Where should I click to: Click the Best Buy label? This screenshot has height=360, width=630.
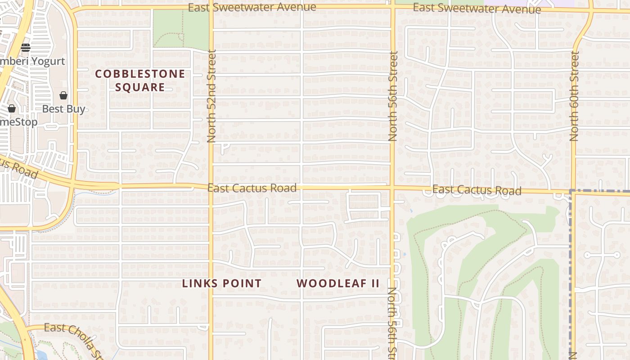pos(63,109)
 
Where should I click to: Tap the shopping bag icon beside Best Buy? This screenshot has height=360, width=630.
pos(63,95)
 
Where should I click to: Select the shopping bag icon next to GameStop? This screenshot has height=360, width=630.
pos(12,108)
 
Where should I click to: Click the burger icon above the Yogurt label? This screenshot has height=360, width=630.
pos(26,47)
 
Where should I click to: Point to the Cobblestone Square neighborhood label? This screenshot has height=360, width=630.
pos(140,81)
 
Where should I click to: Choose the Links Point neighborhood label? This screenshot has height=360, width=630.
pos(221,283)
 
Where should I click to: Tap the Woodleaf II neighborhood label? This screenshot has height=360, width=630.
pos(338,283)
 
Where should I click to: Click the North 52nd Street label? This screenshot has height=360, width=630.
pos(212,96)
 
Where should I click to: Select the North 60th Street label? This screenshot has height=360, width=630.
pos(574,96)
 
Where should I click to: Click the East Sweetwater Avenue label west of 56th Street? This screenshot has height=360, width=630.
pos(252,8)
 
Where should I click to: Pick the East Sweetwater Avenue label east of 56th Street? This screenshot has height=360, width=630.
pos(477,8)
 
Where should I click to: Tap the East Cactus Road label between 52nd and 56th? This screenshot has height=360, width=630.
pos(252,188)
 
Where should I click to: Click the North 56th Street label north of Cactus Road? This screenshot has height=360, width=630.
pos(393,96)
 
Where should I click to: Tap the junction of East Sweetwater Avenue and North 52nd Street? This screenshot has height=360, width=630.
pos(211,8)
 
